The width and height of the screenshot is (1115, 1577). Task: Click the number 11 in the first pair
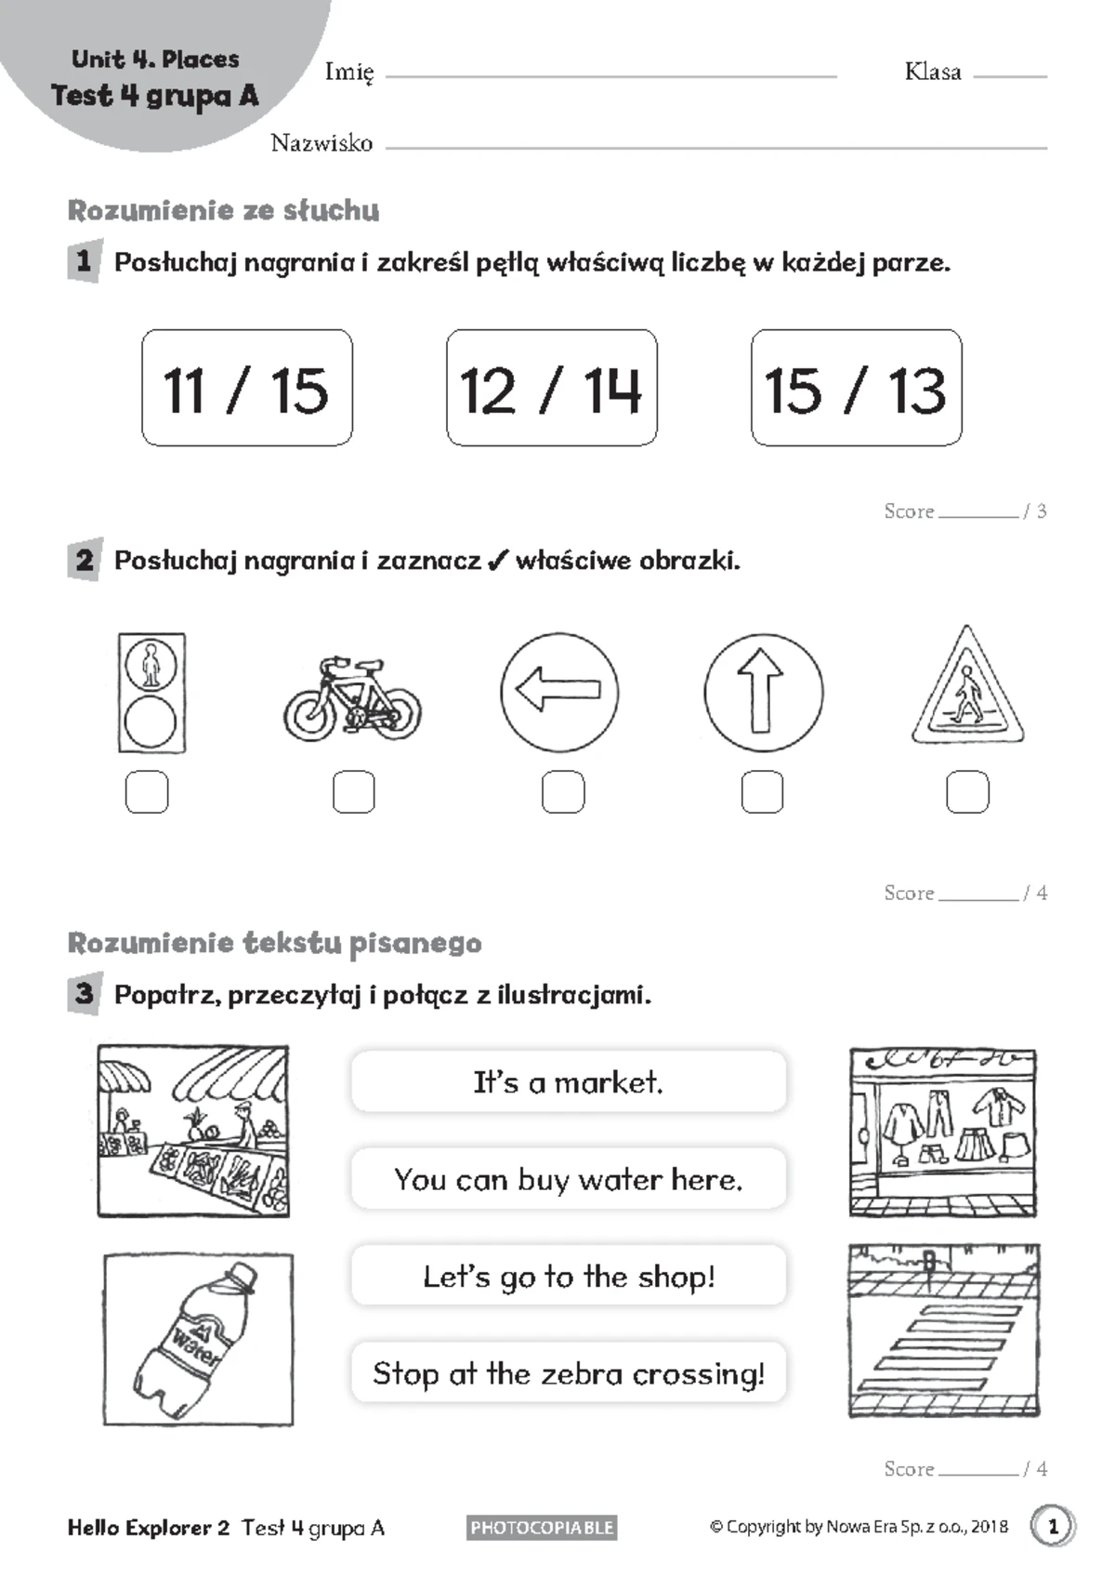(184, 390)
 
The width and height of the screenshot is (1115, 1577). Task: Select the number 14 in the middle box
(612, 390)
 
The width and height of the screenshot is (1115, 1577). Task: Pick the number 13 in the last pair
(916, 390)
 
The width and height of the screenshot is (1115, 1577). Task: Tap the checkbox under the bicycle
(353, 792)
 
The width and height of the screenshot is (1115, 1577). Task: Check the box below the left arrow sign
(563, 792)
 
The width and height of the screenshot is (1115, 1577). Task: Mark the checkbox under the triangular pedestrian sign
(967, 792)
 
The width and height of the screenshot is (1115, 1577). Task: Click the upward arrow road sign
(763, 693)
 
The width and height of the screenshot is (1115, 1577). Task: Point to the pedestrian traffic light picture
(151, 693)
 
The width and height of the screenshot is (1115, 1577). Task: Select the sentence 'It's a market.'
(568, 1081)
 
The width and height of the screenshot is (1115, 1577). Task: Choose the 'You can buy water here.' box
(568, 1179)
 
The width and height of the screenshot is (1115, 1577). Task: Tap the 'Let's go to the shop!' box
(568, 1276)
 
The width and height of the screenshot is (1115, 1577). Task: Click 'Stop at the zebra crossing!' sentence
(568, 1372)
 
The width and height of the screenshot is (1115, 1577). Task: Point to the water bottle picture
(198, 1339)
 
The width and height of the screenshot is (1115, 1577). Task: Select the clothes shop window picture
(942, 1132)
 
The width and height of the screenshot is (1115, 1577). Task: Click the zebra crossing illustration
(943, 1332)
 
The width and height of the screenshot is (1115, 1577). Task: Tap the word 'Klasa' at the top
(932, 72)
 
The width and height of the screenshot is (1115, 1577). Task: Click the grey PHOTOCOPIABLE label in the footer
(542, 1527)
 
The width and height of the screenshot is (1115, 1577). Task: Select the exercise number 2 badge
(85, 560)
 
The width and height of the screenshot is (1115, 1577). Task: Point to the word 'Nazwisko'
(321, 143)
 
